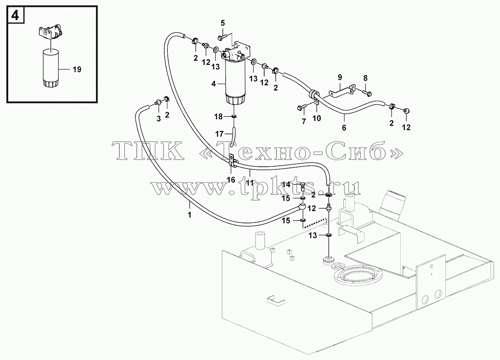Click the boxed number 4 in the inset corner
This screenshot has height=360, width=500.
(15, 16)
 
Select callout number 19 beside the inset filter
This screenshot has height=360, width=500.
(77, 69)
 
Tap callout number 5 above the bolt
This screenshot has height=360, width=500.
(223, 23)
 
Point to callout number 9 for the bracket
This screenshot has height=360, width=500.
(340, 78)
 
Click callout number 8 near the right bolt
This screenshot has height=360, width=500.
(365, 78)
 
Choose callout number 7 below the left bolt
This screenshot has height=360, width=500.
(304, 121)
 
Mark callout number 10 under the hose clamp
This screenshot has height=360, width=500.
(317, 118)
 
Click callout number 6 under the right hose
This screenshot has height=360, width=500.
(344, 128)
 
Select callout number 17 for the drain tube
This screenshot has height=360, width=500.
(219, 134)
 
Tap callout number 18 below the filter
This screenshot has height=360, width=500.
(218, 117)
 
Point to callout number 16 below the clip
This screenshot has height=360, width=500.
(231, 180)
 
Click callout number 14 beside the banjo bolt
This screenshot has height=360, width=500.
(286, 185)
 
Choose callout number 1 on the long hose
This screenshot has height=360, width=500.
(189, 215)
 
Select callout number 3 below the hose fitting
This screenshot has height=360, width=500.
(158, 119)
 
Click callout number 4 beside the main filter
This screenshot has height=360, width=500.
(213, 84)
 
